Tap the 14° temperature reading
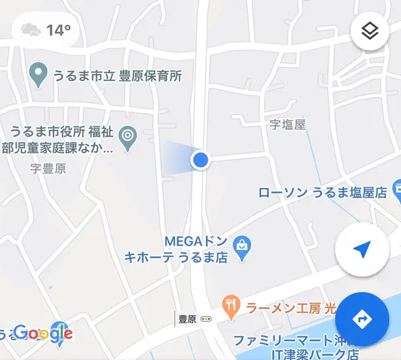(59, 30)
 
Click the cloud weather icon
(31, 30)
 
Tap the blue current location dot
(200, 160)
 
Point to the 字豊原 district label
(48, 169)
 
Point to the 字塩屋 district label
(287, 124)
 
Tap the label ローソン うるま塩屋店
(323, 193)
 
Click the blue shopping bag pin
(242, 248)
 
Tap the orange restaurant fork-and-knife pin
(231, 307)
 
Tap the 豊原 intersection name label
(187, 319)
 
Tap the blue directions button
(362, 319)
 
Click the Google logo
(42, 333)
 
